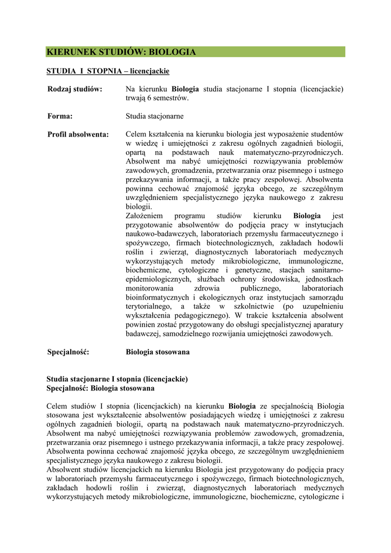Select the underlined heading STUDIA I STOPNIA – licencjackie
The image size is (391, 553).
(x=108, y=71)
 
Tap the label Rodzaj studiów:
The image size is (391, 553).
(x=75, y=89)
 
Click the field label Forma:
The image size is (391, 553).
(x=60, y=116)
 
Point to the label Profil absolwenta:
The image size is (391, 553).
(x=78, y=134)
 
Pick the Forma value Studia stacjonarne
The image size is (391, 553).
(x=155, y=116)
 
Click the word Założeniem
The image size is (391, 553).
(x=145, y=216)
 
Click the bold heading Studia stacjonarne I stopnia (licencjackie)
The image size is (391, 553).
(x=118, y=379)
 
